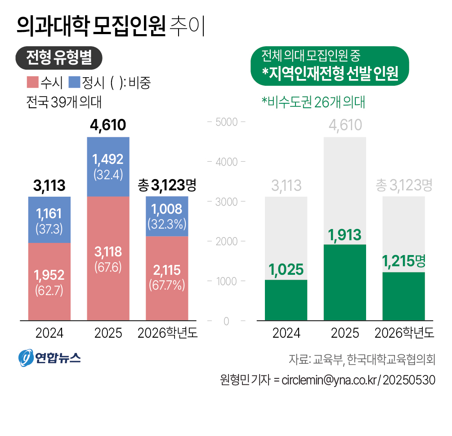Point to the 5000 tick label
[225, 122]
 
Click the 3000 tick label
[225, 202]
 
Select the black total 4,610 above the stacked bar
[108, 125]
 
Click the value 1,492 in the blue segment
[108, 159]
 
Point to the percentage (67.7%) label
[167, 285]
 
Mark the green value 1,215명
[404, 261]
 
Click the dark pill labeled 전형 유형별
[59, 57]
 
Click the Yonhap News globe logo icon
[27, 357]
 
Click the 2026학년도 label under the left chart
[167, 333]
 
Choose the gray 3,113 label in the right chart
[286, 185]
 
